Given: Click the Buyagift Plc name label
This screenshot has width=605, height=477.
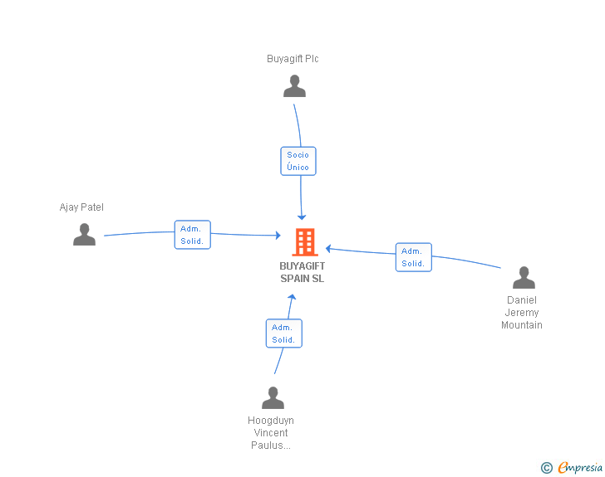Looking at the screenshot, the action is point(293,59).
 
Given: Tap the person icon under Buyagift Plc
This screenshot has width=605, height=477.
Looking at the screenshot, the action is point(294,86).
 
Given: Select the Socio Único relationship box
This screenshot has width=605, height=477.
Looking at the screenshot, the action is point(298,161).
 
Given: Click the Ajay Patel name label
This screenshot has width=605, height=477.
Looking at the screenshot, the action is point(81,207).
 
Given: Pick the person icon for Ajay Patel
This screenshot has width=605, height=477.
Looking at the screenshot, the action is point(84,234).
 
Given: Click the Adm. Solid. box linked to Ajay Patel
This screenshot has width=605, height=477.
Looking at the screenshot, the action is point(193,235).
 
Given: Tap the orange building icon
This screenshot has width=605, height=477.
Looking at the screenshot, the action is point(305,242).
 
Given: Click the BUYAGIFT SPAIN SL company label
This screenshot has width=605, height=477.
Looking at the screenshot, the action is point(302,272).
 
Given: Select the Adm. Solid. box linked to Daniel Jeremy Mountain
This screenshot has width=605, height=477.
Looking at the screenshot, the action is point(414,257).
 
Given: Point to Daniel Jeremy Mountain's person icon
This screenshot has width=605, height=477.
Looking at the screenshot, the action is point(524,277).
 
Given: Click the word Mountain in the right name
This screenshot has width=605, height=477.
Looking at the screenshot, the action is point(522,325).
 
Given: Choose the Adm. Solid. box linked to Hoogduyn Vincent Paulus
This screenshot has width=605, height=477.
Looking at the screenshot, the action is point(284,333).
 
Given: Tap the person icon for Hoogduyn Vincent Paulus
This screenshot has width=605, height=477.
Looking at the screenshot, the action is point(273,397).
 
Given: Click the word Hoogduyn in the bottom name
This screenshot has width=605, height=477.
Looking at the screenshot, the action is point(271,421).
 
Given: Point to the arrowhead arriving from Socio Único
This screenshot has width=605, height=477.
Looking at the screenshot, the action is point(302,217).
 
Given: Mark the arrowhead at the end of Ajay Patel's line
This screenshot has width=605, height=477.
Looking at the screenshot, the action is point(278,235).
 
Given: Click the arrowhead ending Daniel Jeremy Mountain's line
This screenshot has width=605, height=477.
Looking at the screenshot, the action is point(328,249).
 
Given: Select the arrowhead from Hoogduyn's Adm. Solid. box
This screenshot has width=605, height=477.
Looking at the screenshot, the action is point(292,297).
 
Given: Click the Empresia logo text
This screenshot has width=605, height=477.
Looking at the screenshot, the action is point(580,467).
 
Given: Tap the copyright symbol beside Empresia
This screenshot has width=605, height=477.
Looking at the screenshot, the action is point(547,468).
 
